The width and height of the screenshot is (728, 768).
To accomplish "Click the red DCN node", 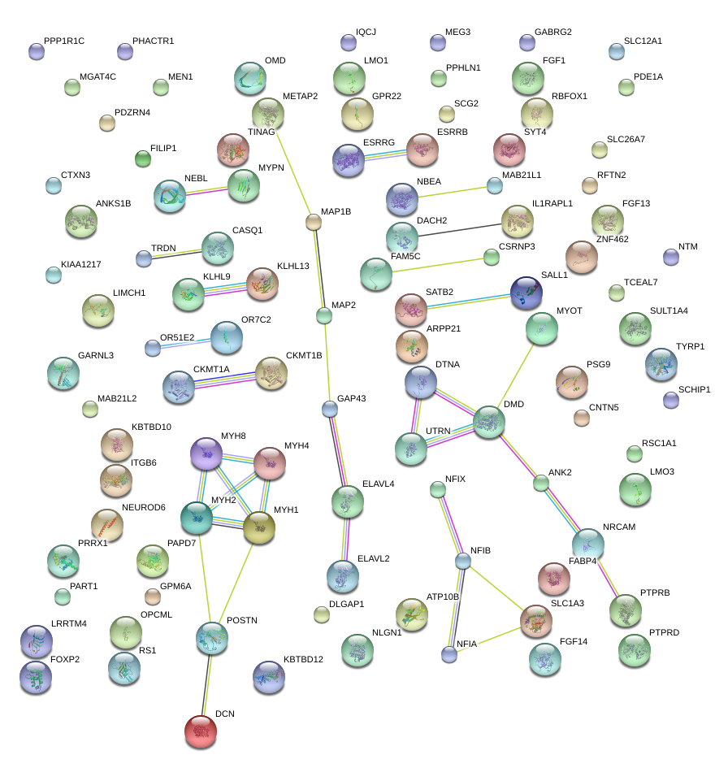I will click(201, 731).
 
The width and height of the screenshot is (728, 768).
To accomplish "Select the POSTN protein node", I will click(211, 638).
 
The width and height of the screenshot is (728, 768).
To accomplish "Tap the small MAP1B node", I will click(314, 221).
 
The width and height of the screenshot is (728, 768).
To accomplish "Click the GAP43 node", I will click(329, 408).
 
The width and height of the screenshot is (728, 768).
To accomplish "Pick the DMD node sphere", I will click(489, 422).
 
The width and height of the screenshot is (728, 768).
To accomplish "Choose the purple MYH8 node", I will click(206, 453).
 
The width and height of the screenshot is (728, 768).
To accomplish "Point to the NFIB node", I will click(463, 561).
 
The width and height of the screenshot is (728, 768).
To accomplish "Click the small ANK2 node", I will click(541, 483).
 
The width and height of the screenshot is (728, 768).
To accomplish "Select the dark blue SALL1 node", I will click(526, 292).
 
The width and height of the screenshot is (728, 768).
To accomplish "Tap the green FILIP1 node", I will click(142, 158).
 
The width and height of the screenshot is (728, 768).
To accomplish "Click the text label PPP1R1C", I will click(64, 41).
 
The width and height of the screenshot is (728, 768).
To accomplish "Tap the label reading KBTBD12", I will click(303, 659).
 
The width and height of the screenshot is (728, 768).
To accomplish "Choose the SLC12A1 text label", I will click(643, 41).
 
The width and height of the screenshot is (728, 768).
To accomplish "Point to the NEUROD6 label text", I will click(144, 507).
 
